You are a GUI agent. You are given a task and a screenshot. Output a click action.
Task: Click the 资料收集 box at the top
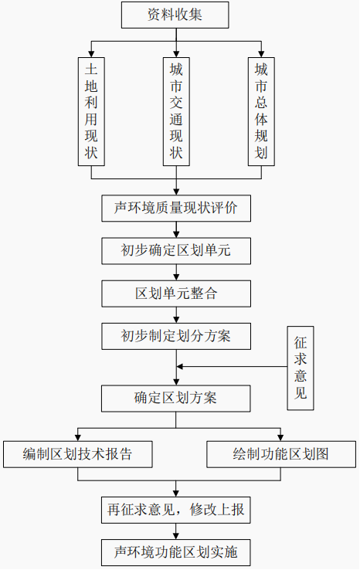[x=175, y=15]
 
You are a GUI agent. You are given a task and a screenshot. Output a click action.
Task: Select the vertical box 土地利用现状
[x=91, y=111]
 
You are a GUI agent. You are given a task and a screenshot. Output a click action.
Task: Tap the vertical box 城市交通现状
[x=176, y=111]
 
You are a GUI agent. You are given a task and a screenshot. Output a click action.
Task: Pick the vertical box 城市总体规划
[x=261, y=111]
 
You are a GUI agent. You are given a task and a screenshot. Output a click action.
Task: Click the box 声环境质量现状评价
[x=176, y=209]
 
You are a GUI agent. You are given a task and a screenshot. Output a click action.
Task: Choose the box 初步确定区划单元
[x=176, y=251]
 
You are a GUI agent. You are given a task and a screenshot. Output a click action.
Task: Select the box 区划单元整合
[x=176, y=293]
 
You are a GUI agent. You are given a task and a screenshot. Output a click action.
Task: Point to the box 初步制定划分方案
[x=176, y=336]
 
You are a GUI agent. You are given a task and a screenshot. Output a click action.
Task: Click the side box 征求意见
[x=301, y=368]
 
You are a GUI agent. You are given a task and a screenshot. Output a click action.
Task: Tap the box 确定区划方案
[x=176, y=399]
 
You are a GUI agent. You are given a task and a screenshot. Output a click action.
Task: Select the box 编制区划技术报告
[x=78, y=454]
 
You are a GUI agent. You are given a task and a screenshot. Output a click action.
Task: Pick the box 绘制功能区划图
[x=281, y=454]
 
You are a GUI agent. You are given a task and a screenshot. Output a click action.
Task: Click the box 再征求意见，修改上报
[x=176, y=510]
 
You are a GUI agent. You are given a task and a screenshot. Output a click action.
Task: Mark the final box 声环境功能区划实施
[x=176, y=552]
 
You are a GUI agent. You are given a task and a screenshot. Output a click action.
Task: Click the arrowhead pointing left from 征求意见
[x=180, y=366]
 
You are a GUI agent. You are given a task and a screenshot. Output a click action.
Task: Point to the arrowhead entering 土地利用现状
[x=91, y=54]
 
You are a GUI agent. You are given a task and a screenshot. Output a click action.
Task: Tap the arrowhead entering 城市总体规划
[x=261, y=54]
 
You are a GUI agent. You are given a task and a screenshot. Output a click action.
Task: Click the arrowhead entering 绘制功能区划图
[x=280, y=438]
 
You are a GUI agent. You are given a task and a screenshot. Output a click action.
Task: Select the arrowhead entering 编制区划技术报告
[x=78, y=438]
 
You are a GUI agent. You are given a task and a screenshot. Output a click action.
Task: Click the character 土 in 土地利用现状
[x=91, y=69]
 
